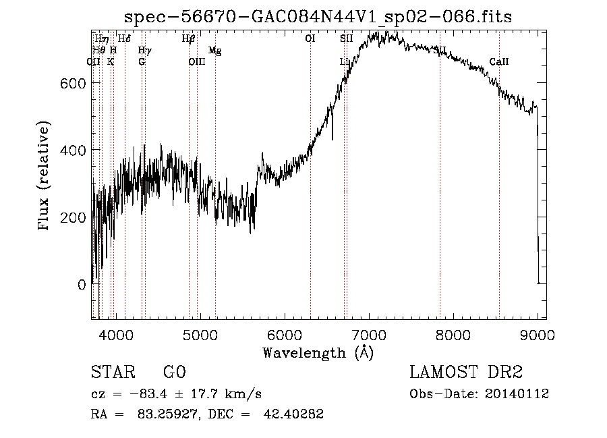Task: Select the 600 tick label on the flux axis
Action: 74,82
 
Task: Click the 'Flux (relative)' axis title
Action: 45,176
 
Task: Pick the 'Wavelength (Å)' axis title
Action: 318,352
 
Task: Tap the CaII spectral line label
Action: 498,62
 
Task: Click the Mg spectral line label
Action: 214,51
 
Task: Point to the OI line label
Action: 310,39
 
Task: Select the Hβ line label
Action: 189,39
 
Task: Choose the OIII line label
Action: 196,62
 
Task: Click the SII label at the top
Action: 347,39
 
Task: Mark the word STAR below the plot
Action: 112,373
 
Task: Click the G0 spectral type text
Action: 174,373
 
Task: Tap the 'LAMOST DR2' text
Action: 466,373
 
